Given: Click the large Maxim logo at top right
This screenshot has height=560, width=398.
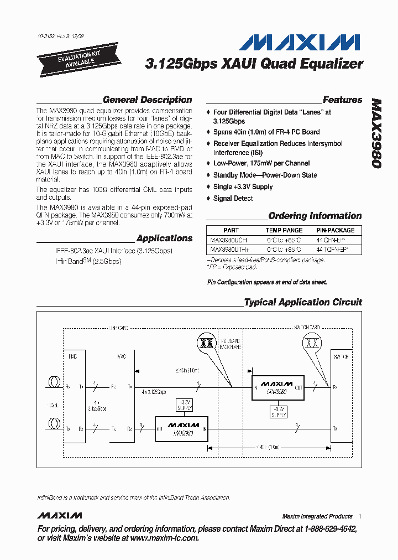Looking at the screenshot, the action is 302,42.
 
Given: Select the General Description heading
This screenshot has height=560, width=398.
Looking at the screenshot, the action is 147,100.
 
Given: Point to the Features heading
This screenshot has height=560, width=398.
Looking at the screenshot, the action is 342,100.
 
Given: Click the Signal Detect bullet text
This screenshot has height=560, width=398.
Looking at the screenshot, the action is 233,198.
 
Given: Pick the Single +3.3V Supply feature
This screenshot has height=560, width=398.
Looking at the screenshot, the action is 243,186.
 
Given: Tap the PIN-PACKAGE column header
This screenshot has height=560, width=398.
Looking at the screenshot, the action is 335,230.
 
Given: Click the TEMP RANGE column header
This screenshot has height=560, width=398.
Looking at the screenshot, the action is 284,230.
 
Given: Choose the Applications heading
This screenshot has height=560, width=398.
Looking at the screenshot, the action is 164,238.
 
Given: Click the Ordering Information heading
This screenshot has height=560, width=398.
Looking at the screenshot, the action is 315,216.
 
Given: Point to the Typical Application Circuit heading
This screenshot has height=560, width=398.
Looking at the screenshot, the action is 302,302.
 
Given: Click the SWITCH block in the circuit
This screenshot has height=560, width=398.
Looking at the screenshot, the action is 341,394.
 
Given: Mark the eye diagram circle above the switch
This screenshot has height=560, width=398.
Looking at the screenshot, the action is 312,344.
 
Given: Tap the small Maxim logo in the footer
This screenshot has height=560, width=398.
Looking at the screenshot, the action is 59,516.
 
